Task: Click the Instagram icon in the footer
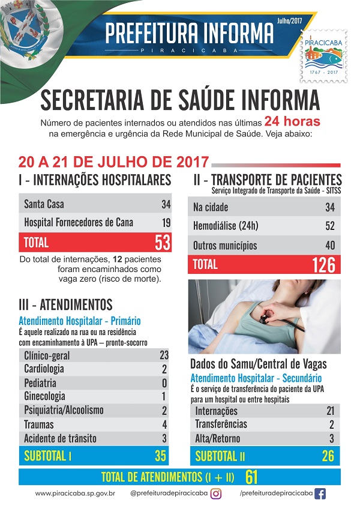216,494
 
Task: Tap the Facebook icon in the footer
320,494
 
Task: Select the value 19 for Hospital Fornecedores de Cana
166,223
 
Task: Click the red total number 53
162,243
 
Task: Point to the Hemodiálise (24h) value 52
329,226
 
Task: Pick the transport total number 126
323,265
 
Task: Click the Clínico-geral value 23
164,355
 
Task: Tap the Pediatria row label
40,382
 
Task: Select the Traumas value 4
164,424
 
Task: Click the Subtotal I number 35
160,456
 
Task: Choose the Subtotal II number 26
328,456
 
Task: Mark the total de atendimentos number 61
251,477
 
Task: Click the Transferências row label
221,425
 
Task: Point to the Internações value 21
329,411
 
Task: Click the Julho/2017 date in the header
289,20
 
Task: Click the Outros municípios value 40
329,246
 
